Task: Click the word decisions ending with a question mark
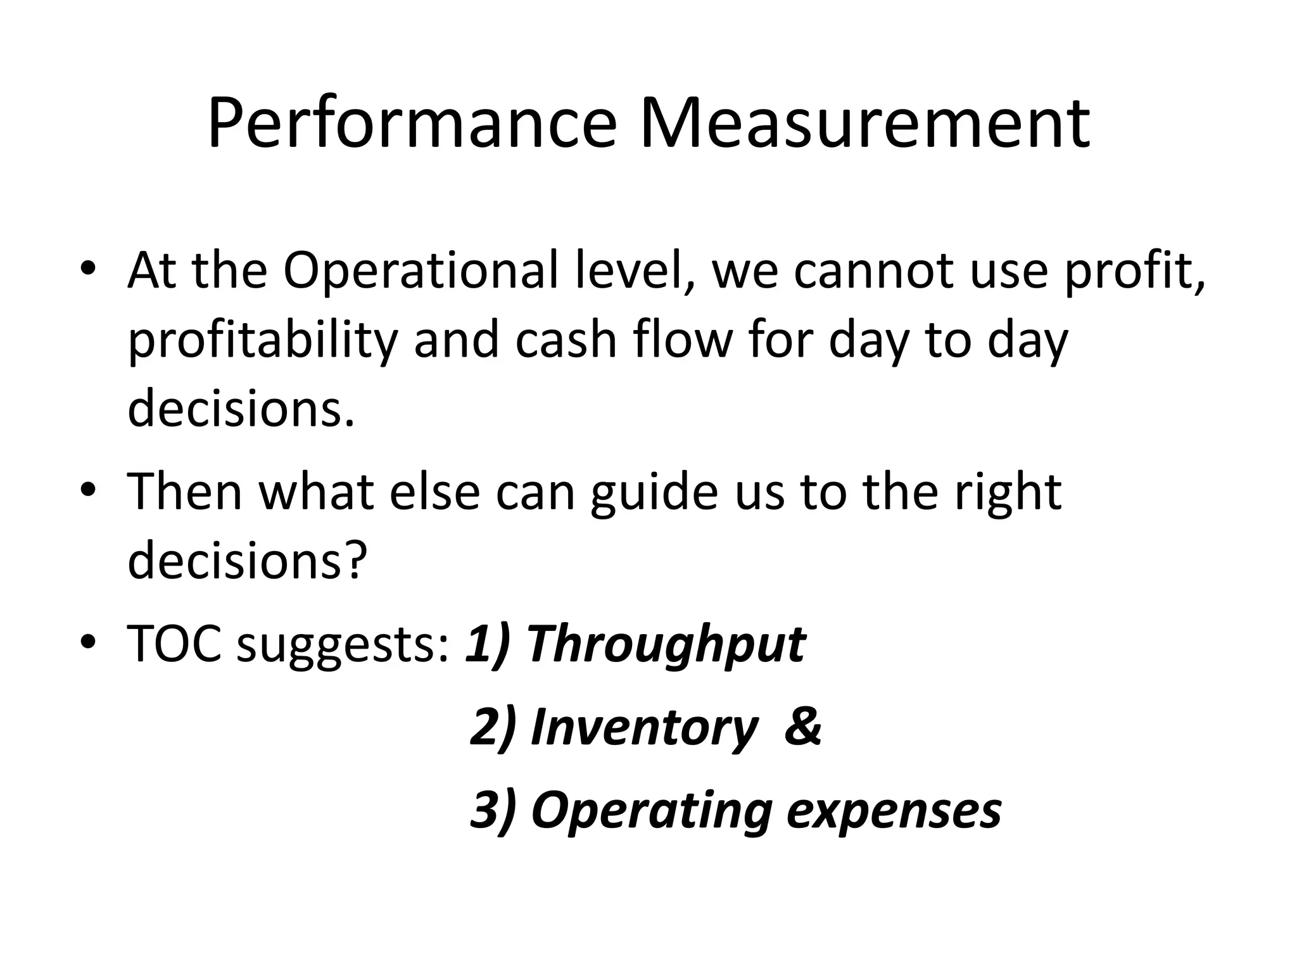coord(247,560)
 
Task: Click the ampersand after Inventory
coord(802,727)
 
